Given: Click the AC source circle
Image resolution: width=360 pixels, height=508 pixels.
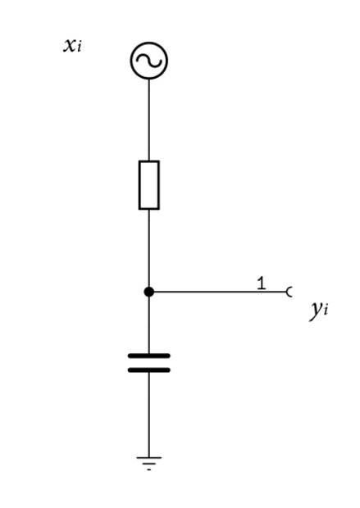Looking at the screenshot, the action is pos(149,43).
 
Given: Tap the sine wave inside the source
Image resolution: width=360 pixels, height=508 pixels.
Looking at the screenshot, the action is pos(149,61).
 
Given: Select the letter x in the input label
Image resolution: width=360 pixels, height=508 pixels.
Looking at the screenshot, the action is pos(70,45).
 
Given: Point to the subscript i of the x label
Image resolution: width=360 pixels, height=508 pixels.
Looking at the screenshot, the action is pos(79,48).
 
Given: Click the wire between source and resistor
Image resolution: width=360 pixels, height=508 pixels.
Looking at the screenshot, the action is pos(149,120).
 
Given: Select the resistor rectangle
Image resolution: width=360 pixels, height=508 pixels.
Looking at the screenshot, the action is pos(139,185).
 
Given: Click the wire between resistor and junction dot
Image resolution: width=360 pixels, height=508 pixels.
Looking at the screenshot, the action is pos(149,248).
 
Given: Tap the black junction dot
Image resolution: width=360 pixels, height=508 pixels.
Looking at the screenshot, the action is pos(149,292).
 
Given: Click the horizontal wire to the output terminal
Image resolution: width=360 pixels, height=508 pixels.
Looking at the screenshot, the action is pos(221,292).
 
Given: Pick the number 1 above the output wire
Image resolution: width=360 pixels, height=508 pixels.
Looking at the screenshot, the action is pos(262,283).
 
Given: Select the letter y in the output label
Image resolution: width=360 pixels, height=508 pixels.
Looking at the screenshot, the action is pos(317,310).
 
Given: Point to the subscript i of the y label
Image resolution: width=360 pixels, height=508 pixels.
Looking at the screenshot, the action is pos(326,311).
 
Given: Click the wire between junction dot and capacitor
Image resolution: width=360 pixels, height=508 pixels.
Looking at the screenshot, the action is pos(149,325).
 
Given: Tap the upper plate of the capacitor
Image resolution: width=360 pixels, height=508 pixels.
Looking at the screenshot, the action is pos(149,356).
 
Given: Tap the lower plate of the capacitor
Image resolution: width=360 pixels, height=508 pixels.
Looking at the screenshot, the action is pos(149,370).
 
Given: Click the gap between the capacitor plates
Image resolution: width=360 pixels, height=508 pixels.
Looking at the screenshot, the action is pos(149,363).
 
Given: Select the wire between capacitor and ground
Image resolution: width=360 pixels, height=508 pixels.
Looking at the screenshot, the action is pos(149,415).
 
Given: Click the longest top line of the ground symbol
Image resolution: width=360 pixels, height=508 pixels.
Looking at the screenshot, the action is pos(149,457).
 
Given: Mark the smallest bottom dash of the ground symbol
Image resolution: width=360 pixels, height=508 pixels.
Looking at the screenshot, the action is pos(149,469).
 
